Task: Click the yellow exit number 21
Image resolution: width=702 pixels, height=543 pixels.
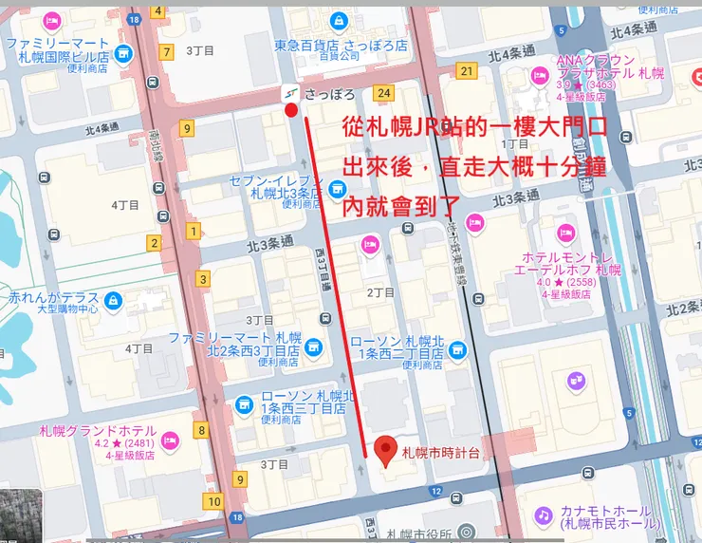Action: (x=465, y=71)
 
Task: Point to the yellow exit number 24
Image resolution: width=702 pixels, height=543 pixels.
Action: (x=383, y=93)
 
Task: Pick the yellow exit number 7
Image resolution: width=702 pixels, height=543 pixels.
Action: (x=168, y=52)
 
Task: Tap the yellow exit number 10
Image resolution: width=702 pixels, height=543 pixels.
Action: (x=214, y=502)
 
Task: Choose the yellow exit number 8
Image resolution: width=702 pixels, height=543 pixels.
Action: (x=201, y=431)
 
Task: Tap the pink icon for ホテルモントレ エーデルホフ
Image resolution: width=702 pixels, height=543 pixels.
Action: (x=566, y=233)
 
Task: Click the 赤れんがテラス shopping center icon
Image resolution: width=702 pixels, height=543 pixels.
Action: (x=114, y=301)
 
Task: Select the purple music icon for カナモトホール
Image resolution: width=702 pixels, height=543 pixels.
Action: (x=543, y=515)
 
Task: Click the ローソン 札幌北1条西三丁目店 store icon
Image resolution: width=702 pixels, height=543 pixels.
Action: (x=245, y=404)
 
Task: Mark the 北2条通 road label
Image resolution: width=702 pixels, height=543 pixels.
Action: (x=680, y=309)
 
